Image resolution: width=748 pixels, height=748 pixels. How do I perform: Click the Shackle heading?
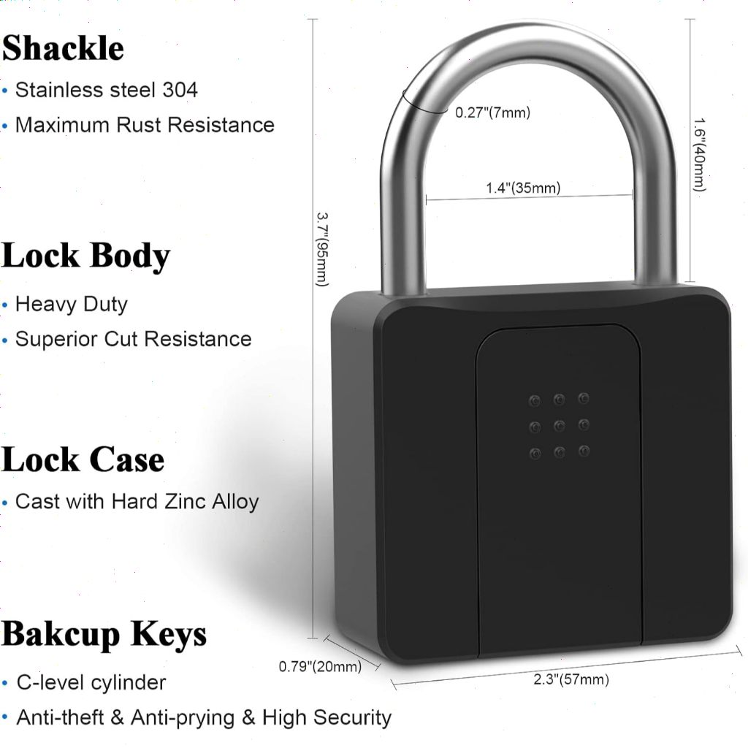[63, 48]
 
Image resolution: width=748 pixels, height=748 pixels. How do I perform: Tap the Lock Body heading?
[85, 256]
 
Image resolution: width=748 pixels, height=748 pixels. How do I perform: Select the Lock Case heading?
[83, 459]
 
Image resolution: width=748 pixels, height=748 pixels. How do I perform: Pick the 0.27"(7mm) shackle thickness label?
[492, 112]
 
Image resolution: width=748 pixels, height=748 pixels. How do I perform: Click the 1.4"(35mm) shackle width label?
[523, 188]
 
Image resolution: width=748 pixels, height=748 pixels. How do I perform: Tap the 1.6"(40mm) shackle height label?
[701, 154]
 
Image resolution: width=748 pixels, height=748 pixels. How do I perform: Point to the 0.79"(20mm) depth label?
[320, 666]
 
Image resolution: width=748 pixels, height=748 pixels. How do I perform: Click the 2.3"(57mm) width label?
[570, 680]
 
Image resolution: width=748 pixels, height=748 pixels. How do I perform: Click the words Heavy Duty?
[72, 304]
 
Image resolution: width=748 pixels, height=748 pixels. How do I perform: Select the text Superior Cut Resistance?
[133, 339]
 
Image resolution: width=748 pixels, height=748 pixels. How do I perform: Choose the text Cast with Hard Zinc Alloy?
[137, 502]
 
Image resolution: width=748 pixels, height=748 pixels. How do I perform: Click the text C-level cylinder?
[91, 682]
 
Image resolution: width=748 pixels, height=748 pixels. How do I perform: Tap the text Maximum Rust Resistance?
[145, 125]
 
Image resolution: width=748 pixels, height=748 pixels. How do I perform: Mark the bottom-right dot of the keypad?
[583, 451]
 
